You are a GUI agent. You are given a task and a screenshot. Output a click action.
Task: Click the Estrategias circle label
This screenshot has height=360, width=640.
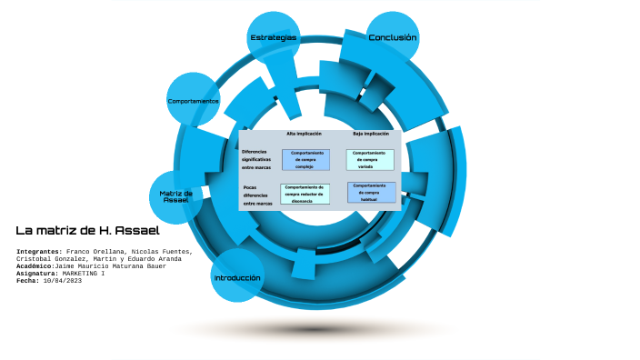(273, 37)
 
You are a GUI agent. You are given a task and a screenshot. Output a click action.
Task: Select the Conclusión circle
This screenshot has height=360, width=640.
(393, 38)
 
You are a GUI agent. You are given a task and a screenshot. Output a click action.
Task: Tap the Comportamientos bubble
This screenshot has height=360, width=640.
(193, 101)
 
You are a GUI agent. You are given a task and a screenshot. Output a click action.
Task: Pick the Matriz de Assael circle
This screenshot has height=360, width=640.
(175, 196)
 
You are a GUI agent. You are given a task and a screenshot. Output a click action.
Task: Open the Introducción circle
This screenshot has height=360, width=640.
(237, 277)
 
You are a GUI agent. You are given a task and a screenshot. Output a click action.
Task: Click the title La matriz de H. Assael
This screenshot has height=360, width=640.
(87, 231)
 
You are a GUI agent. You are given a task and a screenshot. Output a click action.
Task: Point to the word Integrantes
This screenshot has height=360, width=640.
(38, 251)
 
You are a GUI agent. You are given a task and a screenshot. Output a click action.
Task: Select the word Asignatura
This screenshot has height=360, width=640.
(37, 273)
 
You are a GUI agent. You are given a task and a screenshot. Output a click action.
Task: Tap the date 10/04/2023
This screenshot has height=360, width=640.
(60, 280)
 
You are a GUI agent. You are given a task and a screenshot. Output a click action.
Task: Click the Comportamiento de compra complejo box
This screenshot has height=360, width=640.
(305, 160)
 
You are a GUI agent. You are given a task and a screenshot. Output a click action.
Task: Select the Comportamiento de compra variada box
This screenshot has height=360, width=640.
(370, 159)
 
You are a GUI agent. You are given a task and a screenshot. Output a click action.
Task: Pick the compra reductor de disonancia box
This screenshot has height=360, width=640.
(305, 193)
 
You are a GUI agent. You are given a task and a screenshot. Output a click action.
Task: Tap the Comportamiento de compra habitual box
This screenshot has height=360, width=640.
(370, 192)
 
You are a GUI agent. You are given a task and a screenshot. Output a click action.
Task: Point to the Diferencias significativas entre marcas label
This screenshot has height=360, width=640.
(256, 159)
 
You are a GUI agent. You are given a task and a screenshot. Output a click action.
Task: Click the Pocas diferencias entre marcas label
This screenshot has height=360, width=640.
(257, 195)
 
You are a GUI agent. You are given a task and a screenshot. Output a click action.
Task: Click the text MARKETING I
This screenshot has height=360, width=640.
(83, 273)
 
